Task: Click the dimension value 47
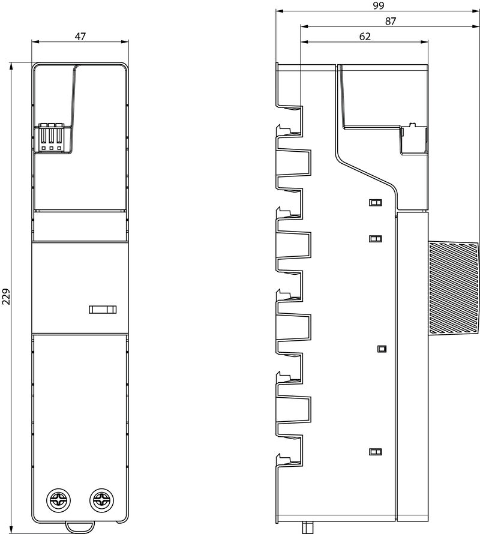[x=80, y=36]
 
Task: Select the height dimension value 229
[x=7, y=296]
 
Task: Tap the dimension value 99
[x=378, y=5]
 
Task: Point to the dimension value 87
[x=391, y=21]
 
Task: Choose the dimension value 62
[x=365, y=36]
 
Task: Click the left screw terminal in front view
[x=58, y=500]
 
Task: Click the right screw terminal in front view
[x=101, y=500]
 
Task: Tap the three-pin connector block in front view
[x=51, y=137]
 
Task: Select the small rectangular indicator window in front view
[x=103, y=309]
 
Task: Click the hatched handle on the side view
[x=454, y=287]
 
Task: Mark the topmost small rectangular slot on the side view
[x=375, y=203]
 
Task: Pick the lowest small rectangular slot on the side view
[x=375, y=452]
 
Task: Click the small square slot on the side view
[x=382, y=349]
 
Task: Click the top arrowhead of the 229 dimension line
[x=11, y=66]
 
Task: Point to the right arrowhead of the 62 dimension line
[x=424, y=42]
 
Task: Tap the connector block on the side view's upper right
[x=415, y=140]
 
